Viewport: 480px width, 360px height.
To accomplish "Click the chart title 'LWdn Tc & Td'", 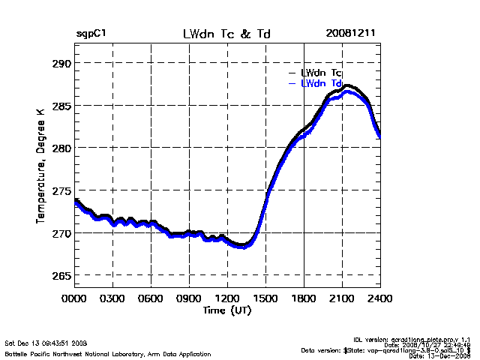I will pos(227,34).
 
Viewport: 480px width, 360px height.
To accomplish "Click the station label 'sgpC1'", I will pos(91,34).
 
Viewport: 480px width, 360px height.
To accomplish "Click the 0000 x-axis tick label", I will pos(75,298).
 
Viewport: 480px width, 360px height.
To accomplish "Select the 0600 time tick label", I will pos(151,298).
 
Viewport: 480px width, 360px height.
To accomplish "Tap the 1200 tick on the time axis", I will pos(228,298).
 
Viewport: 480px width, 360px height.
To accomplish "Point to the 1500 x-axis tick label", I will pos(266,298).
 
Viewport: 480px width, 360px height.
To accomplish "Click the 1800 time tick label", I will pos(304,298).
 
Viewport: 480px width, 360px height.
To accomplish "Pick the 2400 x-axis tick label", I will pos(380,298).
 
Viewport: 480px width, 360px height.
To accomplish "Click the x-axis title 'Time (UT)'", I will pos(227,309).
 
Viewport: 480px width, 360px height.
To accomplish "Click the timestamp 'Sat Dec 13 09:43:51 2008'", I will pos(46,342).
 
